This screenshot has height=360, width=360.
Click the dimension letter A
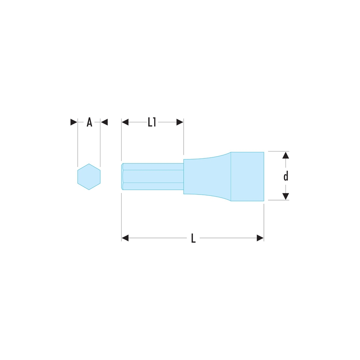89,122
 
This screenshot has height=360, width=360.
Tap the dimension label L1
152,122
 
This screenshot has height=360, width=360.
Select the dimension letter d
285,176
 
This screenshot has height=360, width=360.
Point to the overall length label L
193,238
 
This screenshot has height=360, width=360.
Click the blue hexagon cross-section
89,177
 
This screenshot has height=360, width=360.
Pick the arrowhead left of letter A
74,122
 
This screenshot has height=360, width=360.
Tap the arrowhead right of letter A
104,122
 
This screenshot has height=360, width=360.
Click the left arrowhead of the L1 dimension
125,122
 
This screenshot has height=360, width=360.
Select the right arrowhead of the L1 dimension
180,122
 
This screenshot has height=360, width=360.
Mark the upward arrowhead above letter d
285,155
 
